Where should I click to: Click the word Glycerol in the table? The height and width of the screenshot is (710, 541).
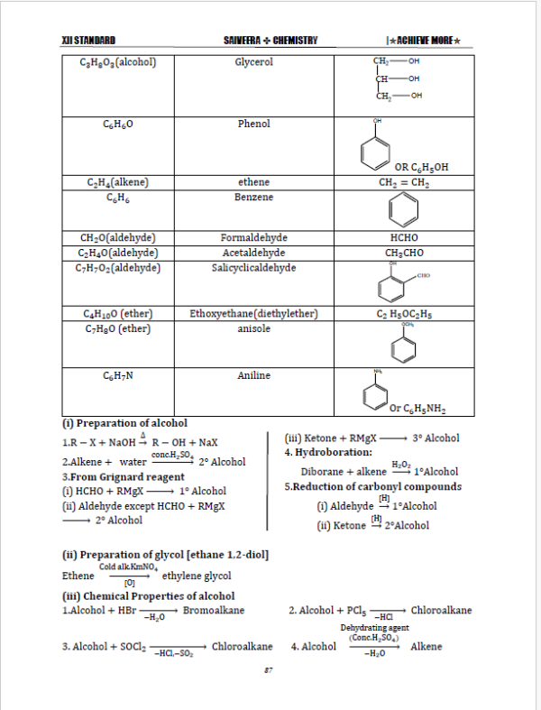(253, 62)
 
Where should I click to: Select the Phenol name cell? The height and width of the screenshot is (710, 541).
(253, 124)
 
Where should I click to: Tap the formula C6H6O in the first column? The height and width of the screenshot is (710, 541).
(113, 124)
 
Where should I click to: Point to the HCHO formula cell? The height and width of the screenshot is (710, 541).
(399, 239)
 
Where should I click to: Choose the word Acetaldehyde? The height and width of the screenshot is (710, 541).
(253, 254)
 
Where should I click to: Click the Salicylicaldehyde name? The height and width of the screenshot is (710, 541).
(253, 268)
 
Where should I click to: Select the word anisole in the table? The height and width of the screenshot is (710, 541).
(253, 329)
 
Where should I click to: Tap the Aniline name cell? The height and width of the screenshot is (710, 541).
(253, 375)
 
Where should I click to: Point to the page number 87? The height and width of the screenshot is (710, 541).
(269, 669)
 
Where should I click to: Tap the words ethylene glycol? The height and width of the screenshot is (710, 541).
(197, 576)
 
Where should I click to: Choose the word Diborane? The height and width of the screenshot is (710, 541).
(323, 471)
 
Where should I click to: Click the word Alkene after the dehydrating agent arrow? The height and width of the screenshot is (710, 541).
(426, 647)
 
